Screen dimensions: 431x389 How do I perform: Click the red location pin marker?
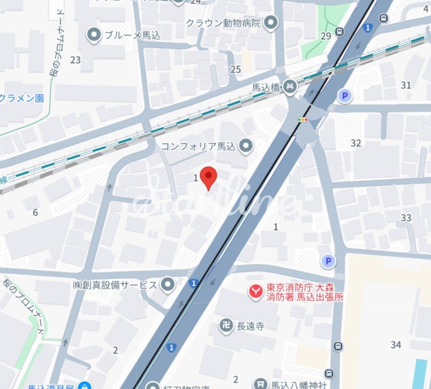point(208,177)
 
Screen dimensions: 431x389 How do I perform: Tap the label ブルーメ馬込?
point(125,36)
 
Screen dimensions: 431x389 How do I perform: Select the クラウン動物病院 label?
point(223,23)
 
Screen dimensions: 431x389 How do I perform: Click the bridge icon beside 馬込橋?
point(291,86)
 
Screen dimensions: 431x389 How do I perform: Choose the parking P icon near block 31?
point(344,96)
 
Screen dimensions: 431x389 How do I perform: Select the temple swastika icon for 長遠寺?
point(225,325)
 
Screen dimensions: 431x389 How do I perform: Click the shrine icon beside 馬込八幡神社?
point(261,384)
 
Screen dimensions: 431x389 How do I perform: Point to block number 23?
point(75,60)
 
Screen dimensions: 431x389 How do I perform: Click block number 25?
point(235,69)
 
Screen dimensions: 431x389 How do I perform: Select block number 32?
point(356,143)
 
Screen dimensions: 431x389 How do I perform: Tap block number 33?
point(406,218)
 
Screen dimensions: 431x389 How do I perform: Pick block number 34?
point(396,345)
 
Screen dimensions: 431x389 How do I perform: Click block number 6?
point(35,212)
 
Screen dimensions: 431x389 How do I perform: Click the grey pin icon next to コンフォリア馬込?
point(246,145)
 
